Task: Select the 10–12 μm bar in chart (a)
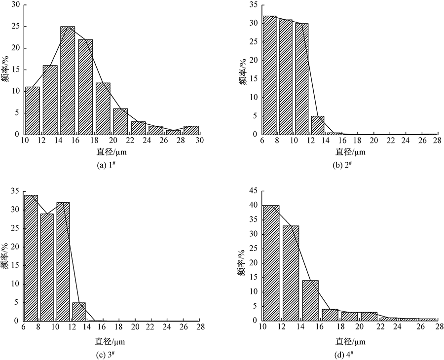click(x=33, y=110)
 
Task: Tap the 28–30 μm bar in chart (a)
click(x=191, y=130)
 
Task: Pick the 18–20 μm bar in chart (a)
click(x=103, y=108)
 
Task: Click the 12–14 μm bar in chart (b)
click(x=318, y=125)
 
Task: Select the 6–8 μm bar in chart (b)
click(x=270, y=75)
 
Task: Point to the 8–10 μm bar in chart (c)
click(x=47, y=267)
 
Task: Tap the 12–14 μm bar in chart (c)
click(x=79, y=312)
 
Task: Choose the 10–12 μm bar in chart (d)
click(x=271, y=263)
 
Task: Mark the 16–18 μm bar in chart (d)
click(x=330, y=315)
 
